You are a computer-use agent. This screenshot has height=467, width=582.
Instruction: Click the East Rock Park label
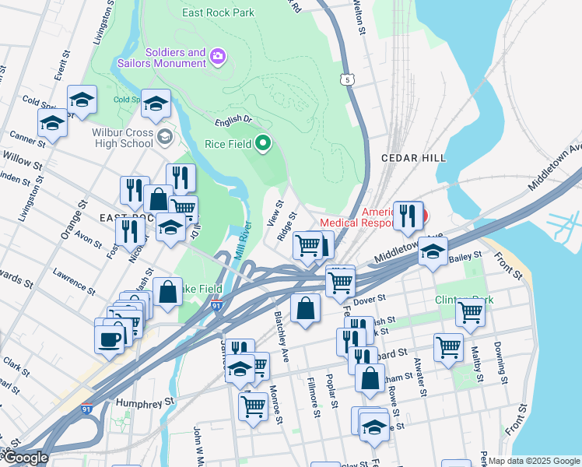[219, 13]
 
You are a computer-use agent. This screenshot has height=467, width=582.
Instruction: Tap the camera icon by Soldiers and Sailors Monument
[217, 55]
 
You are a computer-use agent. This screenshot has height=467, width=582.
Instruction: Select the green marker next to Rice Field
[263, 142]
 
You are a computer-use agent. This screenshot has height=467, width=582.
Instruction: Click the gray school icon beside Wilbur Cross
[164, 137]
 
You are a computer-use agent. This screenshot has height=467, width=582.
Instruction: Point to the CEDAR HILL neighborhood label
[413, 158]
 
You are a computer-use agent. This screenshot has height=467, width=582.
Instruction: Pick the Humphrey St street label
[143, 403]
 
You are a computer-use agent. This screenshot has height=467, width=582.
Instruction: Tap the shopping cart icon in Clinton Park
[470, 311]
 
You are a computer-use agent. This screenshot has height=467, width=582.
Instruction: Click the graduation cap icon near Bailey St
[433, 251]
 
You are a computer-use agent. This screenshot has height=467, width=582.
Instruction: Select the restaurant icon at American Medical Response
[408, 215]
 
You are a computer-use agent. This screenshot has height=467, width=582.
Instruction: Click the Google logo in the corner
[25, 458]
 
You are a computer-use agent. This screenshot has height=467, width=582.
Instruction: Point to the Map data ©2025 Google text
[534, 461]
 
